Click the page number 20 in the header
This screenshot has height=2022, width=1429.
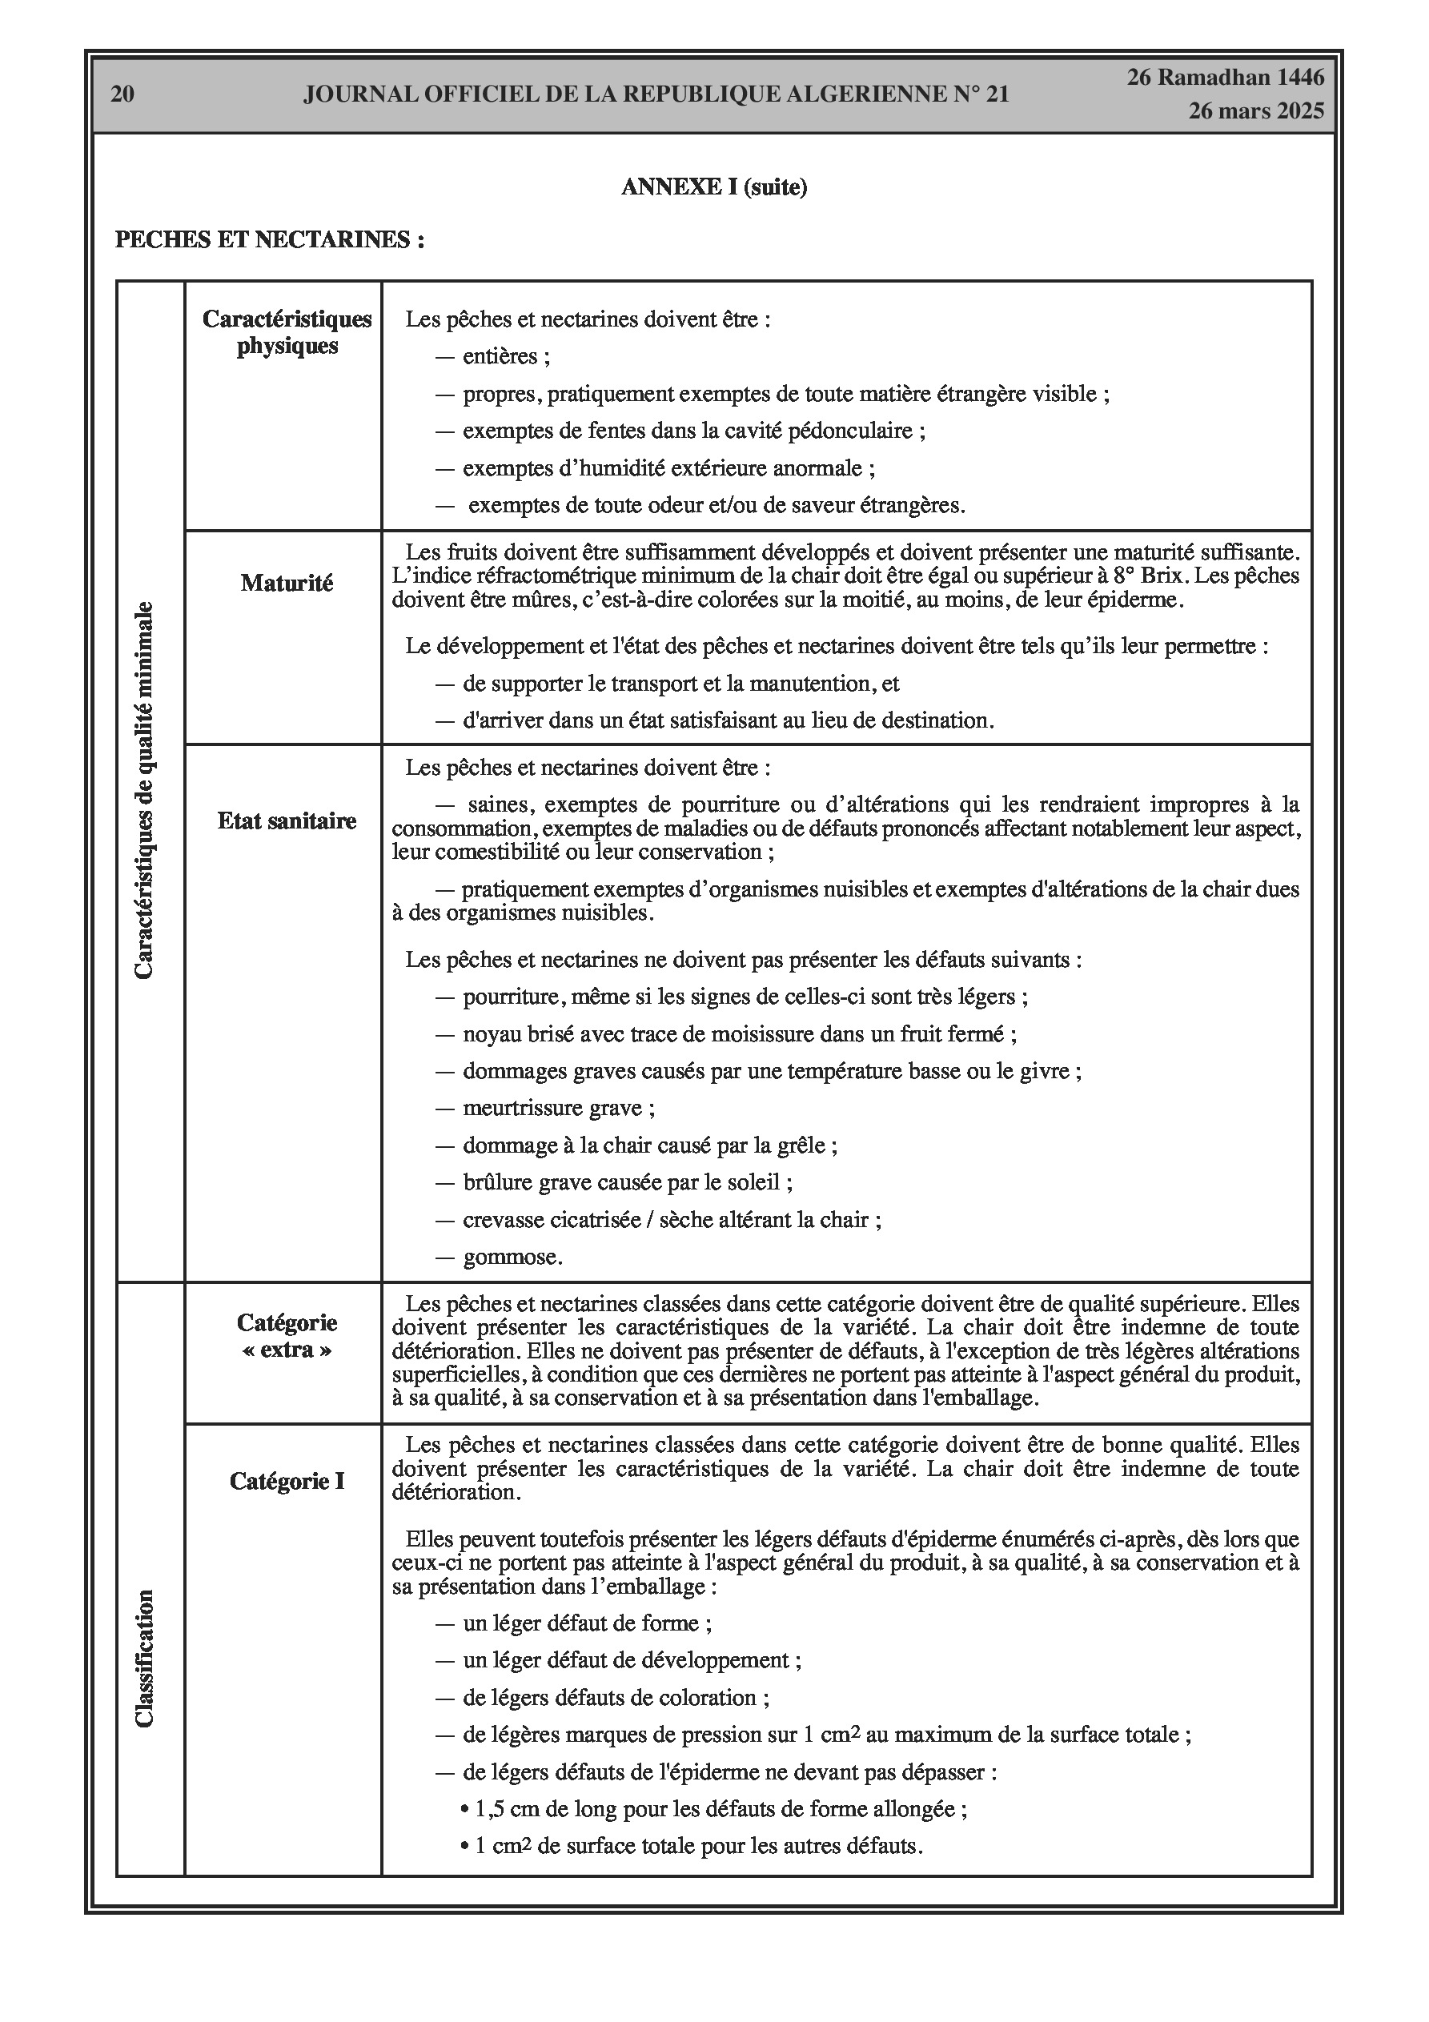click(122, 94)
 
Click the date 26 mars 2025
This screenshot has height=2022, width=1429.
click(1255, 111)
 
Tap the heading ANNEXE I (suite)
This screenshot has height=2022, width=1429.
click(713, 187)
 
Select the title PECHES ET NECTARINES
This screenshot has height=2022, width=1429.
click(270, 239)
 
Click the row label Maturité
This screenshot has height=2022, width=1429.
click(287, 583)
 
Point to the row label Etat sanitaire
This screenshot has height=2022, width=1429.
click(287, 820)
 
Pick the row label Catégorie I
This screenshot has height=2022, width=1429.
click(287, 1481)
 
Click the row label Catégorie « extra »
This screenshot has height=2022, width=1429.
click(287, 1336)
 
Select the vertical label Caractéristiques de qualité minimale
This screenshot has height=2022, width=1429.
click(144, 790)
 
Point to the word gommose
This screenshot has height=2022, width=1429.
click(512, 1257)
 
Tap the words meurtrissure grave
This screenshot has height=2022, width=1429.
click(559, 1108)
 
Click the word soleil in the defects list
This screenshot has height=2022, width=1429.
click(757, 1182)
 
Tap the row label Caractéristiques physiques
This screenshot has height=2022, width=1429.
click(287, 332)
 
